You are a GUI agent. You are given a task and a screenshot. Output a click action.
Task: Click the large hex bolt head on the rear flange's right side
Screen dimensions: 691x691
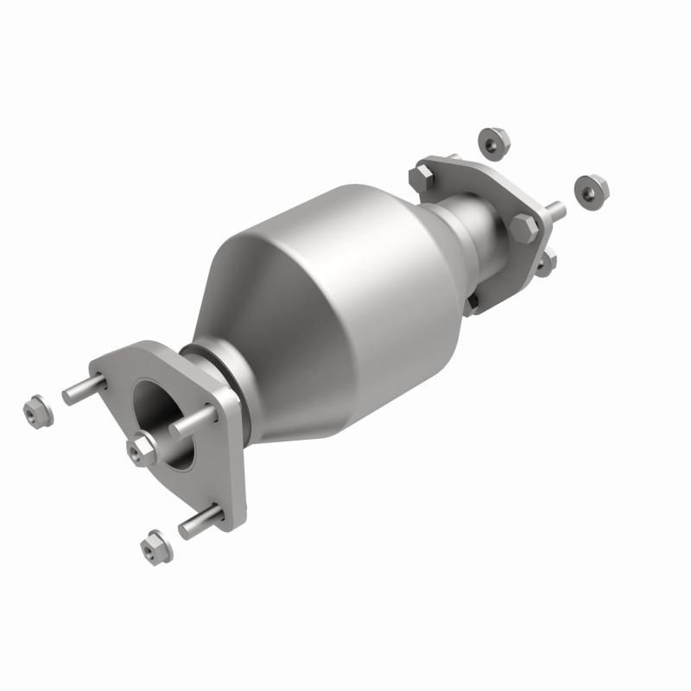[x=523, y=228]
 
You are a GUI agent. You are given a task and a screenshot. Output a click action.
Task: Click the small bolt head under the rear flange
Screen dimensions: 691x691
[x=472, y=301]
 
